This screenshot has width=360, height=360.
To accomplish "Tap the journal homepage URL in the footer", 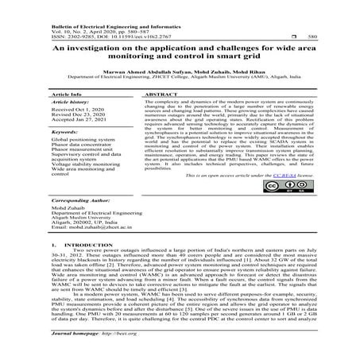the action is (99, 355).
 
